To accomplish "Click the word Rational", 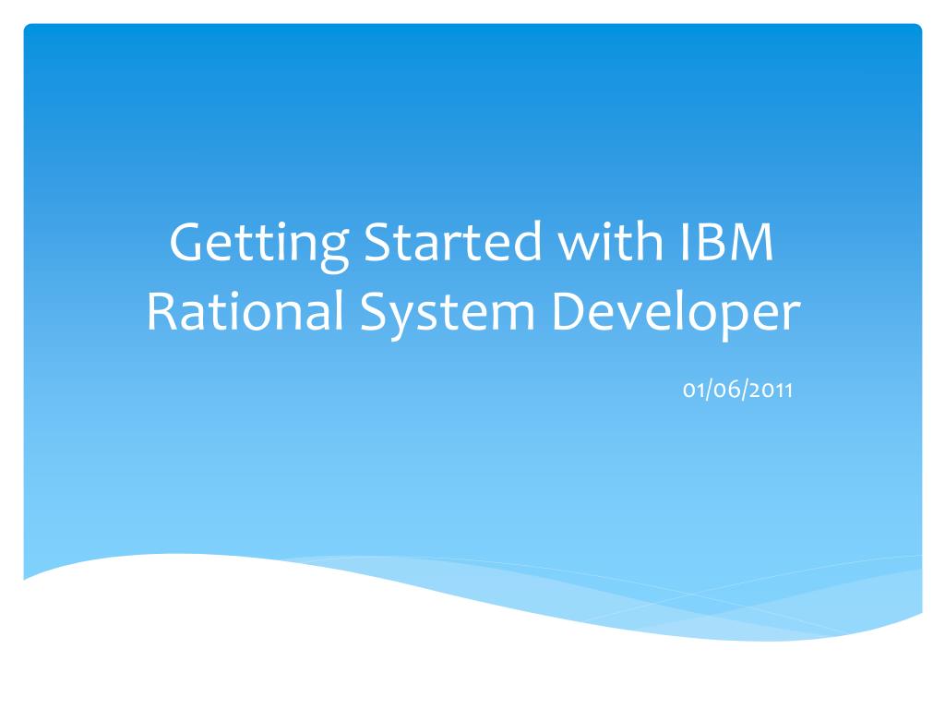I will tap(245, 314).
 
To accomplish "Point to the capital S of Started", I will tap(378, 245).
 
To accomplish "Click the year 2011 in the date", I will tap(773, 391).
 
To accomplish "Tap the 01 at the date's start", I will tap(693, 391).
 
